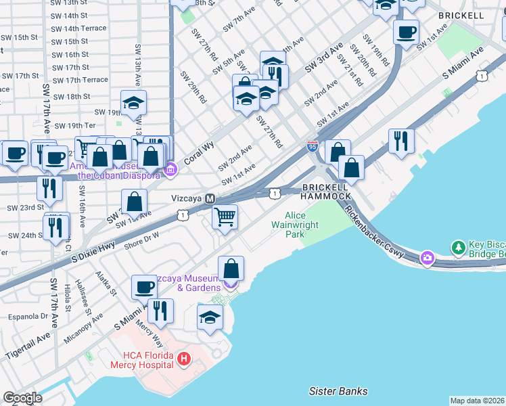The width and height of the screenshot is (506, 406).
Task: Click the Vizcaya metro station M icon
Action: tap(210, 199)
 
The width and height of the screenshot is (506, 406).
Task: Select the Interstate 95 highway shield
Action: tap(312, 145)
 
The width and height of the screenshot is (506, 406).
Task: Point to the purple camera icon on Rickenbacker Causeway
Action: tap(427, 257)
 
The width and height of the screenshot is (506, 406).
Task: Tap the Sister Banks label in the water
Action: tap(338, 391)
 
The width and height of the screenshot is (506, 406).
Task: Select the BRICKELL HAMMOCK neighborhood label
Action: tap(326, 191)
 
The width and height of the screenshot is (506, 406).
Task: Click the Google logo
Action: tap(22, 397)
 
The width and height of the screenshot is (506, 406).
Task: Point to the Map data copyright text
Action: tap(478, 401)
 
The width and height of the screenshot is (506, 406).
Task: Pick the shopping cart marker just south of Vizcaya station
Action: tap(225, 218)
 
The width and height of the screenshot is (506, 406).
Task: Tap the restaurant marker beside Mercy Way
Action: tap(160, 311)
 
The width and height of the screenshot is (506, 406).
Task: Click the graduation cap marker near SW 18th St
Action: tap(133, 104)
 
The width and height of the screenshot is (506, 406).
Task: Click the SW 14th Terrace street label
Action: tap(80, 28)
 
